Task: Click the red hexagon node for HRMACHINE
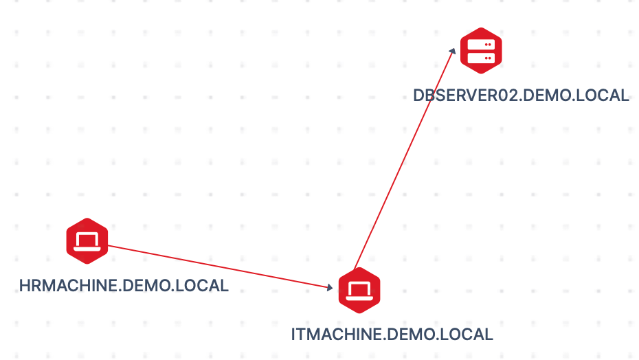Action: tap(87, 240)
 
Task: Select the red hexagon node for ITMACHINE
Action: tap(359, 291)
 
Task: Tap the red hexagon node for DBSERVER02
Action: tap(481, 50)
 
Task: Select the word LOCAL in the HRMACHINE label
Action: tap(202, 285)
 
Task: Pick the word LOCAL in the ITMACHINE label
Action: tap(467, 335)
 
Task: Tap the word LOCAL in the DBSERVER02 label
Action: tap(602, 95)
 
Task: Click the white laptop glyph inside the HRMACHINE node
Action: tap(87, 240)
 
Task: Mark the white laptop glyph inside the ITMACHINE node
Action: tap(359, 291)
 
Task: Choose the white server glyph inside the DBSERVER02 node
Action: tap(481, 50)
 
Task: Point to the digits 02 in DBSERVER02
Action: tap(502, 95)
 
